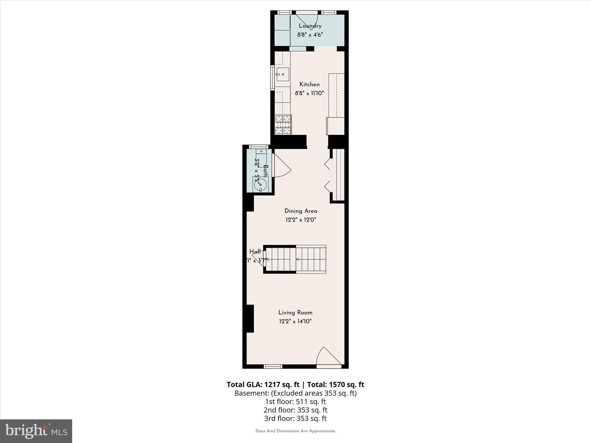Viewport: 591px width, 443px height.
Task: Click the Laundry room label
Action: pyautogui.click(x=310, y=26)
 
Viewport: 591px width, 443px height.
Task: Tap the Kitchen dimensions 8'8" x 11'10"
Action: pyautogui.click(x=309, y=93)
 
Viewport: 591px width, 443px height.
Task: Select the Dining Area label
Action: pyautogui.click(x=301, y=211)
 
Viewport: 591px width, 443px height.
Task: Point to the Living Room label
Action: pyautogui.click(x=295, y=312)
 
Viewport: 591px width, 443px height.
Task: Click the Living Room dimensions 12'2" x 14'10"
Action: pyautogui.click(x=295, y=321)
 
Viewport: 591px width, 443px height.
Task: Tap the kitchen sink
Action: pyautogui.click(x=283, y=74)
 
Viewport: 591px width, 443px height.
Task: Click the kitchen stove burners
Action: pyautogui.click(x=283, y=125)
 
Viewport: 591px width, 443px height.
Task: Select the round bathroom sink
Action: pyautogui.click(x=261, y=184)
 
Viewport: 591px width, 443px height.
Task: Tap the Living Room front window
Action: pyautogui.click(x=273, y=366)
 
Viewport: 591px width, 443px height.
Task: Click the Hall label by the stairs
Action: pyautogui.click(x=255, y=251)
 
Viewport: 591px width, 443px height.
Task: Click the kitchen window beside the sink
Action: pyautogui.click(x=272, y=78)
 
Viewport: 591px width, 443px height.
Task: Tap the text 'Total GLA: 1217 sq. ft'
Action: pyautogui.click(x=263, y=384)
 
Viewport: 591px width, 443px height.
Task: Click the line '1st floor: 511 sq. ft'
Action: pyautogui.click(x=295, y=401)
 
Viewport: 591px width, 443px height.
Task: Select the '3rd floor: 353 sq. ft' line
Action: pyautogui.click(x=295, y=418)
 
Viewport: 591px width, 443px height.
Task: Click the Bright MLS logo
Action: pyautogui.click(x=36, y=431)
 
